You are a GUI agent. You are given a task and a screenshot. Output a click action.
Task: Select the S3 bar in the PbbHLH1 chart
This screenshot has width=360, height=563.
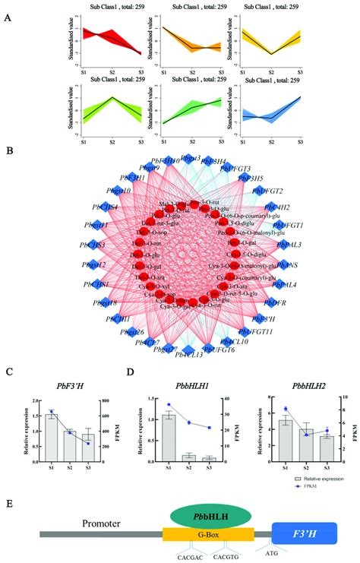pyautogui.click(x=208, y=458)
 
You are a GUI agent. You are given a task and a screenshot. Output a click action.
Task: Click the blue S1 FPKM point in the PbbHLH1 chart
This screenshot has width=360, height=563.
pyautogui.click(x=169, y=405)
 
